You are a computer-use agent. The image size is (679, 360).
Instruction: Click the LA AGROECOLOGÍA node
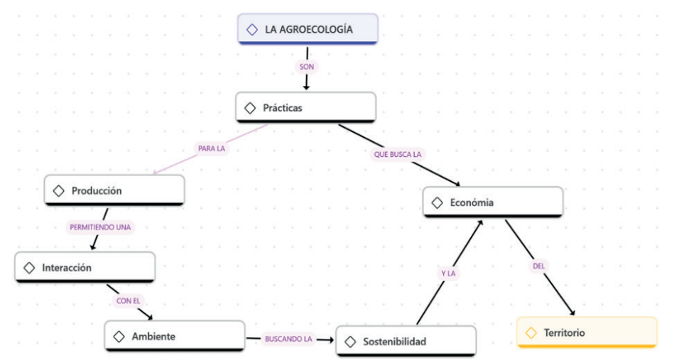[308, 29]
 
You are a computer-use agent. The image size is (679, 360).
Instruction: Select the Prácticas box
[305, 107]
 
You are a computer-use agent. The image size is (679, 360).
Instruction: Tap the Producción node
[114, 190]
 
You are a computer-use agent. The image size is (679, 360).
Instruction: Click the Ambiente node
[175, 336]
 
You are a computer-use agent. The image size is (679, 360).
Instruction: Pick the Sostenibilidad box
[406, 342]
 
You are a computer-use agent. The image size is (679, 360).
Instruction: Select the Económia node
[492, 202]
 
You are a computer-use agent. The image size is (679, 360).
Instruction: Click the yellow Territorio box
[586, 332]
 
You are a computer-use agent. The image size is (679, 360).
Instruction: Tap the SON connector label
[307, 66]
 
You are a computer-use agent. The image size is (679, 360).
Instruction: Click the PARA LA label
[211, 149]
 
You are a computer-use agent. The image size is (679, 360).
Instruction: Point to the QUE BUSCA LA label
[398, 153]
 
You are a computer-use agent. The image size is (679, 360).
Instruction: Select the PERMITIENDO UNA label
[101, 227]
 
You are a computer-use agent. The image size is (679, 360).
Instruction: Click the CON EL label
[128, 300]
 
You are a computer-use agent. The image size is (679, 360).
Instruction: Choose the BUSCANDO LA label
[288, 339]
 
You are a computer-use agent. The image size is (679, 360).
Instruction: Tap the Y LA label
[447, 273]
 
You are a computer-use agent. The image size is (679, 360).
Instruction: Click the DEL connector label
[539, 266]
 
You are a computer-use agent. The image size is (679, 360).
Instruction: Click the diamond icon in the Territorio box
[531, 332]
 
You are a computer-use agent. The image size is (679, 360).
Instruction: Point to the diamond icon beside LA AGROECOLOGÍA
[251, 30]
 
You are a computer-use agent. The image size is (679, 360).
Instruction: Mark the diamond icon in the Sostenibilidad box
[349, 342]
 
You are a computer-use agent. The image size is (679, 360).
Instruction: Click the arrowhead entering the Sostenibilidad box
[331, 339]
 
